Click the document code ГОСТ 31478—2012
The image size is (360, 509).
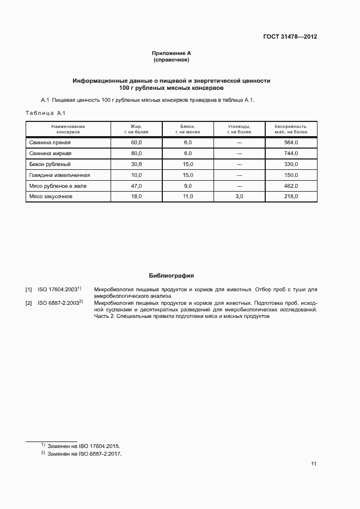tap(290, 37)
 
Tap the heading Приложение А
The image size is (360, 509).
tap(171, 53)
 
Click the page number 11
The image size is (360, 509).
tap(314, 464)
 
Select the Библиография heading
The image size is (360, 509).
tap(171, 276)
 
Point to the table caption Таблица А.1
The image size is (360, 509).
tap(45, 113)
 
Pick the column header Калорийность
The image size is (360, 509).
tap(291, 129)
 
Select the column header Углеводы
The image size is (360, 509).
tap(239, 129)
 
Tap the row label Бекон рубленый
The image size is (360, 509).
tap(50, 164)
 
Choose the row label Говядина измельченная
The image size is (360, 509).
tap(59, 175)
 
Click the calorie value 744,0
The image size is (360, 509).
tap(291, 154)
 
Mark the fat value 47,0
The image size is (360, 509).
tap(136, 186)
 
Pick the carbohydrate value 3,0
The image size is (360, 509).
tap(239, 197)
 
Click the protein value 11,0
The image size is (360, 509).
tap(188, 197)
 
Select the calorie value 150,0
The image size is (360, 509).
tap(291, 175)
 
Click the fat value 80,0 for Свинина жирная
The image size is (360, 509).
tap(136, 154)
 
